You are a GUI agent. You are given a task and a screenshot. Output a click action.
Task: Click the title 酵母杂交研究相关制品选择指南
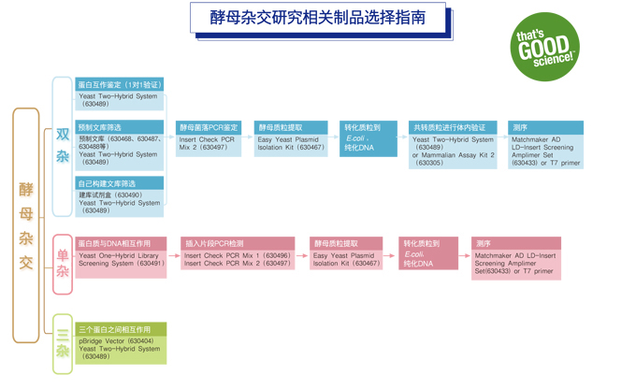[317, 18]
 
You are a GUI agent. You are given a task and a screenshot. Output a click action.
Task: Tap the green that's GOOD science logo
[545, 48]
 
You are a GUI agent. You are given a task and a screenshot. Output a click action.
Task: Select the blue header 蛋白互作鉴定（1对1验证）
[120, 84]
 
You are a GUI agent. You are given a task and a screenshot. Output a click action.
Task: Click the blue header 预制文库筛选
[120, 127]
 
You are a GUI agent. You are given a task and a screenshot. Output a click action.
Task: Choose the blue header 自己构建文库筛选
[120, 183]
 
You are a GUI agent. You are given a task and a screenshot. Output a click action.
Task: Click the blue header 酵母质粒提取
[290, 127]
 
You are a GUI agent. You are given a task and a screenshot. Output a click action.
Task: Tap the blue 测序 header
[546, 127]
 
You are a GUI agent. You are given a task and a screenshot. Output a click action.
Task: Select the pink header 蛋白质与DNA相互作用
[121, 243]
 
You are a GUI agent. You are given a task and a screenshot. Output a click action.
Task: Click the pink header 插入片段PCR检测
[237, 243]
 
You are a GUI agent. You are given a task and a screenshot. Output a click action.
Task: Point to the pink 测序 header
[515, 243]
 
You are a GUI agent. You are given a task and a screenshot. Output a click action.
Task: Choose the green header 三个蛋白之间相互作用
[121, 329]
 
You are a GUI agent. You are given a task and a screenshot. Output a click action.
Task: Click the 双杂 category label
[63, 146]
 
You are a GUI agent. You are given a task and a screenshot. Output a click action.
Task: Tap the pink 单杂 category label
[63, 263]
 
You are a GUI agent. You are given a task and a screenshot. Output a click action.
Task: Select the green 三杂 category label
[63, 343]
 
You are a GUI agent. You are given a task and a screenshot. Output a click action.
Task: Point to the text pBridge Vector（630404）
[117, 341]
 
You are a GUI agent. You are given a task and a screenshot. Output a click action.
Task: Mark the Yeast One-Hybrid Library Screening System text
[121, 259]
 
